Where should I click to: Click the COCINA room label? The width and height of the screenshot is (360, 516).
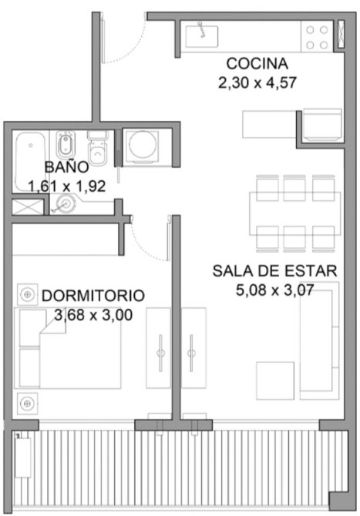point(257,63)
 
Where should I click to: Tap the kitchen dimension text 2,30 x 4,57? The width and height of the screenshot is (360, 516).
point(257,82)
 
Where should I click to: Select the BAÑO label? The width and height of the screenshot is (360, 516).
point(66,167)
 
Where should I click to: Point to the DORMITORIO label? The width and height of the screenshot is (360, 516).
point(93,296)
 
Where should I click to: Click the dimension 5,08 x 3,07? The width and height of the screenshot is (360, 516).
point(274,290)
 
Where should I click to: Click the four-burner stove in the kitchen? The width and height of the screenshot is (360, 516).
point(317,37)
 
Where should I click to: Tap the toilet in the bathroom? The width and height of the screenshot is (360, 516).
point(98,148)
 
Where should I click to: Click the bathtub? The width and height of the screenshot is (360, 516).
point(30,162)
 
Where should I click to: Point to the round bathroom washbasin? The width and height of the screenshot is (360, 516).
point(66,204)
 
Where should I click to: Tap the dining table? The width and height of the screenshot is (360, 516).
point(294,213)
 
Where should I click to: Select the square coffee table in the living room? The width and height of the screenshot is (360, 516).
point(275,380)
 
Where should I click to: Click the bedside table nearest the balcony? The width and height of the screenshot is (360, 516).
point(27,403)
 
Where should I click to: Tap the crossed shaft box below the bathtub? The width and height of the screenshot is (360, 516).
point(28,207)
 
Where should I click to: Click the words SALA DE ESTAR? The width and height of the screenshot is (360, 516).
point(274,271)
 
